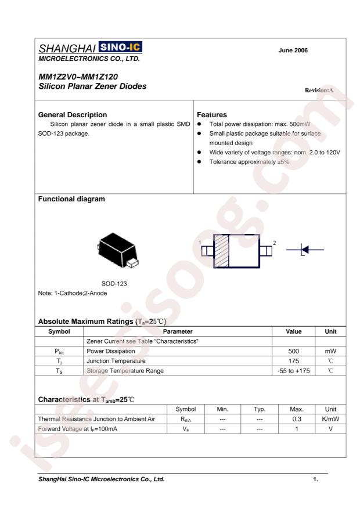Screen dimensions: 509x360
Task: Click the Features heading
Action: click(x=213, y=114)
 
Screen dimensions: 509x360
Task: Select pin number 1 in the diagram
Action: click(x=199, y=241)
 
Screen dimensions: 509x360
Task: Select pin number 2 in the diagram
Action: click(x=275, y=241)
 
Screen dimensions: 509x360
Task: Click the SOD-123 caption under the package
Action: click(x=114, y=284)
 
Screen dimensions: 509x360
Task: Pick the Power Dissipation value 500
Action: click(x=294, y=351)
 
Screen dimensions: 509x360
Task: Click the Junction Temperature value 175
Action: click(x=294, y=360)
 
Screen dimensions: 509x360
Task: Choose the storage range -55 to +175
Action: click(x=294, y=370)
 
